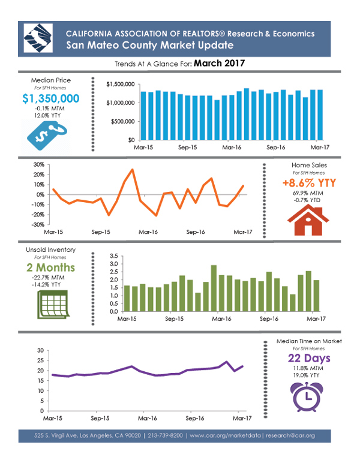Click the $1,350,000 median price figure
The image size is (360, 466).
point(51,98)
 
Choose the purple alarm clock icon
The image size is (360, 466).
point(308,395)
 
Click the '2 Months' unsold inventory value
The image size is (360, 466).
point(51,267)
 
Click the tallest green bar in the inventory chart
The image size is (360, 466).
point(214,288)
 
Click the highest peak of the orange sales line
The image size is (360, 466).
point(133,170)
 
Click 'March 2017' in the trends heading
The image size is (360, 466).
point(219,62)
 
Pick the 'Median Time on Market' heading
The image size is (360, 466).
point(309,341)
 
